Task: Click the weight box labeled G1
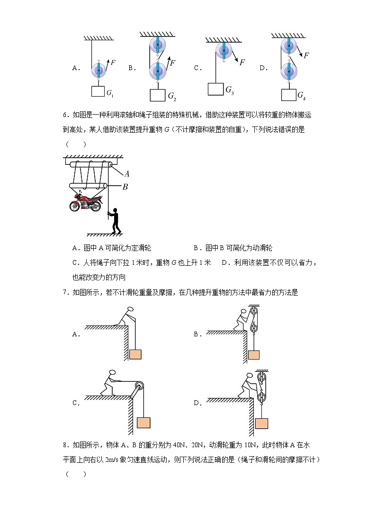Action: [98, 91]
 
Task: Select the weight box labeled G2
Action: [157, 95]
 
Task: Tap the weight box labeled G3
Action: [215, 89]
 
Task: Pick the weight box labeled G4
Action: [288, 94]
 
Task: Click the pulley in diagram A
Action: [99, 71]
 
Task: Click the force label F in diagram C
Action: [242, 62]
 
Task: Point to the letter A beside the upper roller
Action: [127, 174]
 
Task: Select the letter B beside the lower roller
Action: [125, 187]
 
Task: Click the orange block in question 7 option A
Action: [135, 354]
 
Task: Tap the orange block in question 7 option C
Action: [143, 423]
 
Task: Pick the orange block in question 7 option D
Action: [260, 424]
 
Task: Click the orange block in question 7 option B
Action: [254, 355]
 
